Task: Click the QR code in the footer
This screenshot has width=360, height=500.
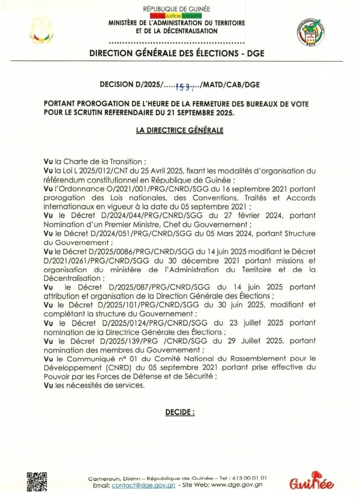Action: (x=37, y=481)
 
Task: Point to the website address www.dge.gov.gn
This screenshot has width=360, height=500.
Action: (x=237, y=485)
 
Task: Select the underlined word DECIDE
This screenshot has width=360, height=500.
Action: (x=180, y=411)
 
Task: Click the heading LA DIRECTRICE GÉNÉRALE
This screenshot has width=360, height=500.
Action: (x=180, y=131)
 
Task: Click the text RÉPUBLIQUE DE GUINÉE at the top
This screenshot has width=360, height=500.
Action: (x=177, y=9)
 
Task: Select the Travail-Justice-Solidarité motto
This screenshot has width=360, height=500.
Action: (x=177, y=16)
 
